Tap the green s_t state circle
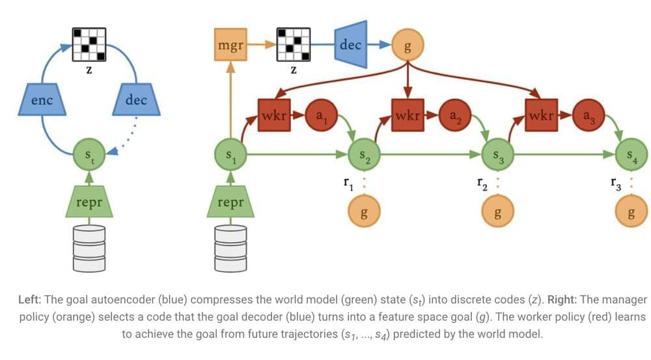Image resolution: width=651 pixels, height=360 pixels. [90, 155]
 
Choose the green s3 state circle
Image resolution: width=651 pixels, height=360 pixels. [497, 156]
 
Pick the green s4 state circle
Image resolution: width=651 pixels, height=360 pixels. [631, 156]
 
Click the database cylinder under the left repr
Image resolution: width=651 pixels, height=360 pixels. [89, 248]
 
